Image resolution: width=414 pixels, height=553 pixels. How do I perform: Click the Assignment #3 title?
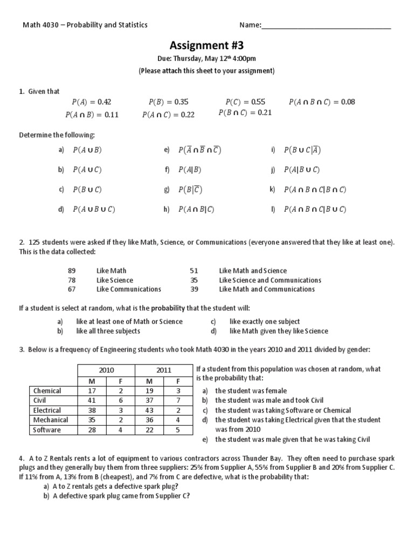click(207, 46)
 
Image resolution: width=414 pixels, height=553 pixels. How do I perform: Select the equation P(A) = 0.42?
click(91, 102)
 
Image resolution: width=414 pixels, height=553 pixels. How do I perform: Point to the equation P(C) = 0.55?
click(245, 102)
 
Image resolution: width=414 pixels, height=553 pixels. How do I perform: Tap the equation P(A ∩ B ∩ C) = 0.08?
click(322, 102)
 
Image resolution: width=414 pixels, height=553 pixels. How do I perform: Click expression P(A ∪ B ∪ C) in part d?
click(94, 209)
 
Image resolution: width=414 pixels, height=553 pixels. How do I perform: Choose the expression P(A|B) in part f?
click(190, 170)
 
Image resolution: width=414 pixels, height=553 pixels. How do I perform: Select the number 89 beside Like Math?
click(72, 271)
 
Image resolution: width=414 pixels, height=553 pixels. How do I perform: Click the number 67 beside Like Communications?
click(72, 289)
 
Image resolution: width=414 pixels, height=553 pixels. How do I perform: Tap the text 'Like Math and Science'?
click(253, 271)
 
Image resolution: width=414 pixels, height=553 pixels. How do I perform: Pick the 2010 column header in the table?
click(107, 370)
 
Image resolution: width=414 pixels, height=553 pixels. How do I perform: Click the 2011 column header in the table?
click(164, 370)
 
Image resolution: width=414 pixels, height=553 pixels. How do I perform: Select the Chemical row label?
click(47, 390)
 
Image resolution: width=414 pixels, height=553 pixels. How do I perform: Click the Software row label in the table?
click(47, 430)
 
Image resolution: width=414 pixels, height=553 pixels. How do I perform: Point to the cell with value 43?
click(149, 410)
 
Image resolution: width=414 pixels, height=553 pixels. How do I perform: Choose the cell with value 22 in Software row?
click(149, 430)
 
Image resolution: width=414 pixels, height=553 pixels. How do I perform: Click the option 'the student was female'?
click(251, 390)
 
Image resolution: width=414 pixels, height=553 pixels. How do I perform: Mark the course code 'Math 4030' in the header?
click(38, 25)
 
